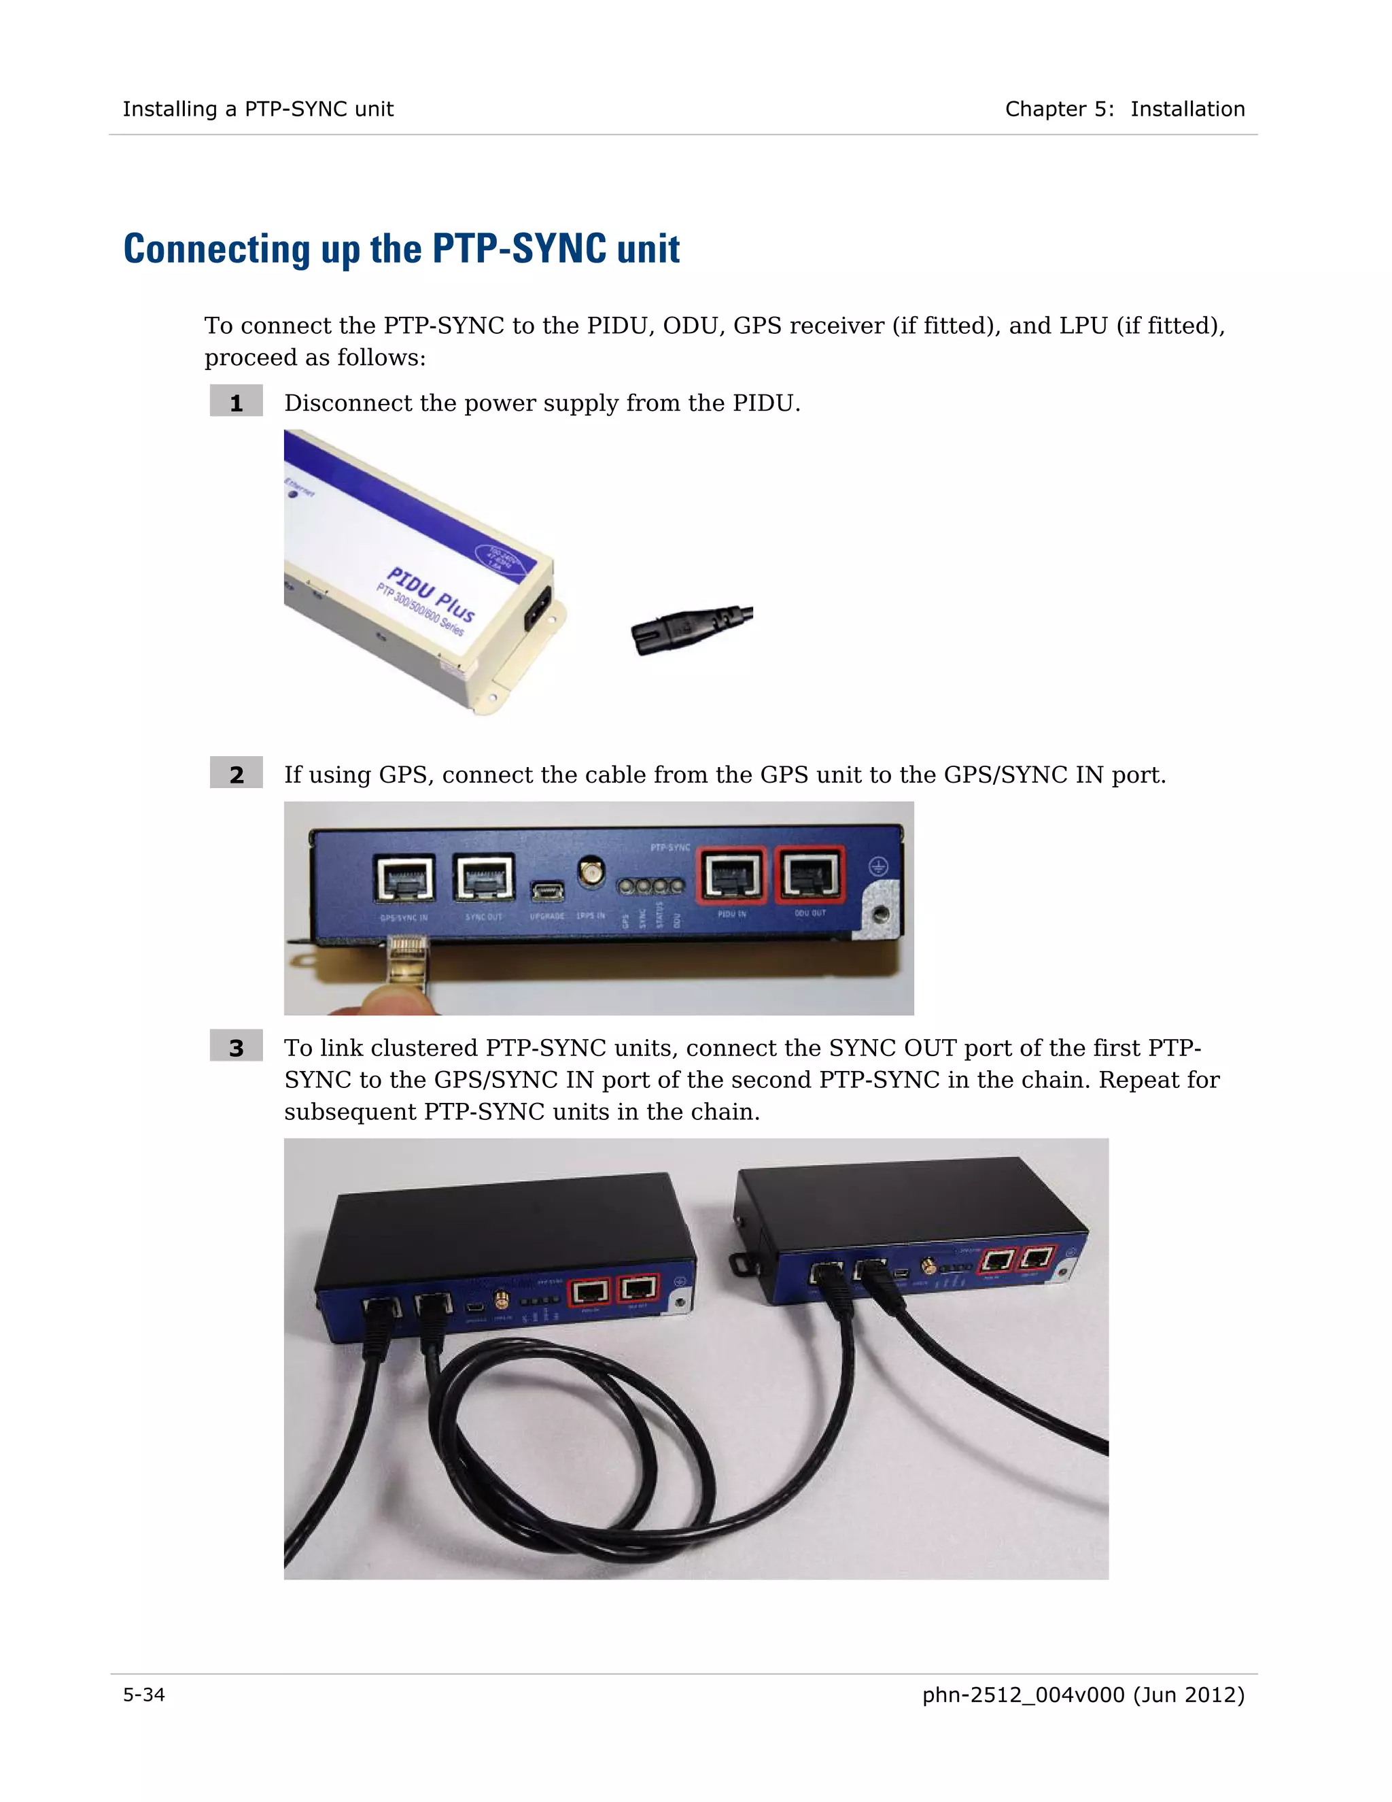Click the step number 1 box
[x=236, y=403]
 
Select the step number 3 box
[x=236, y=1047]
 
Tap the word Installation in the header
[x=1187, y=109]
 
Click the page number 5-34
[x=143, y=1694]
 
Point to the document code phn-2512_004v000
[x=1022, y=1694]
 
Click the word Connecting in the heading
[x=216, y=248]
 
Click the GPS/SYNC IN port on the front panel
[x=404, y=877]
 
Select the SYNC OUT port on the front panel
[x=484, y=877]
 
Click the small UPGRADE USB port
[x=546, y=891]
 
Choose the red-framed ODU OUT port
[x=809, y=874]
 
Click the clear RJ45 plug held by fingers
[x=407, y=962]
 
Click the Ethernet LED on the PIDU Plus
[x=292, y=494]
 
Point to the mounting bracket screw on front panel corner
[x=881, y=913]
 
